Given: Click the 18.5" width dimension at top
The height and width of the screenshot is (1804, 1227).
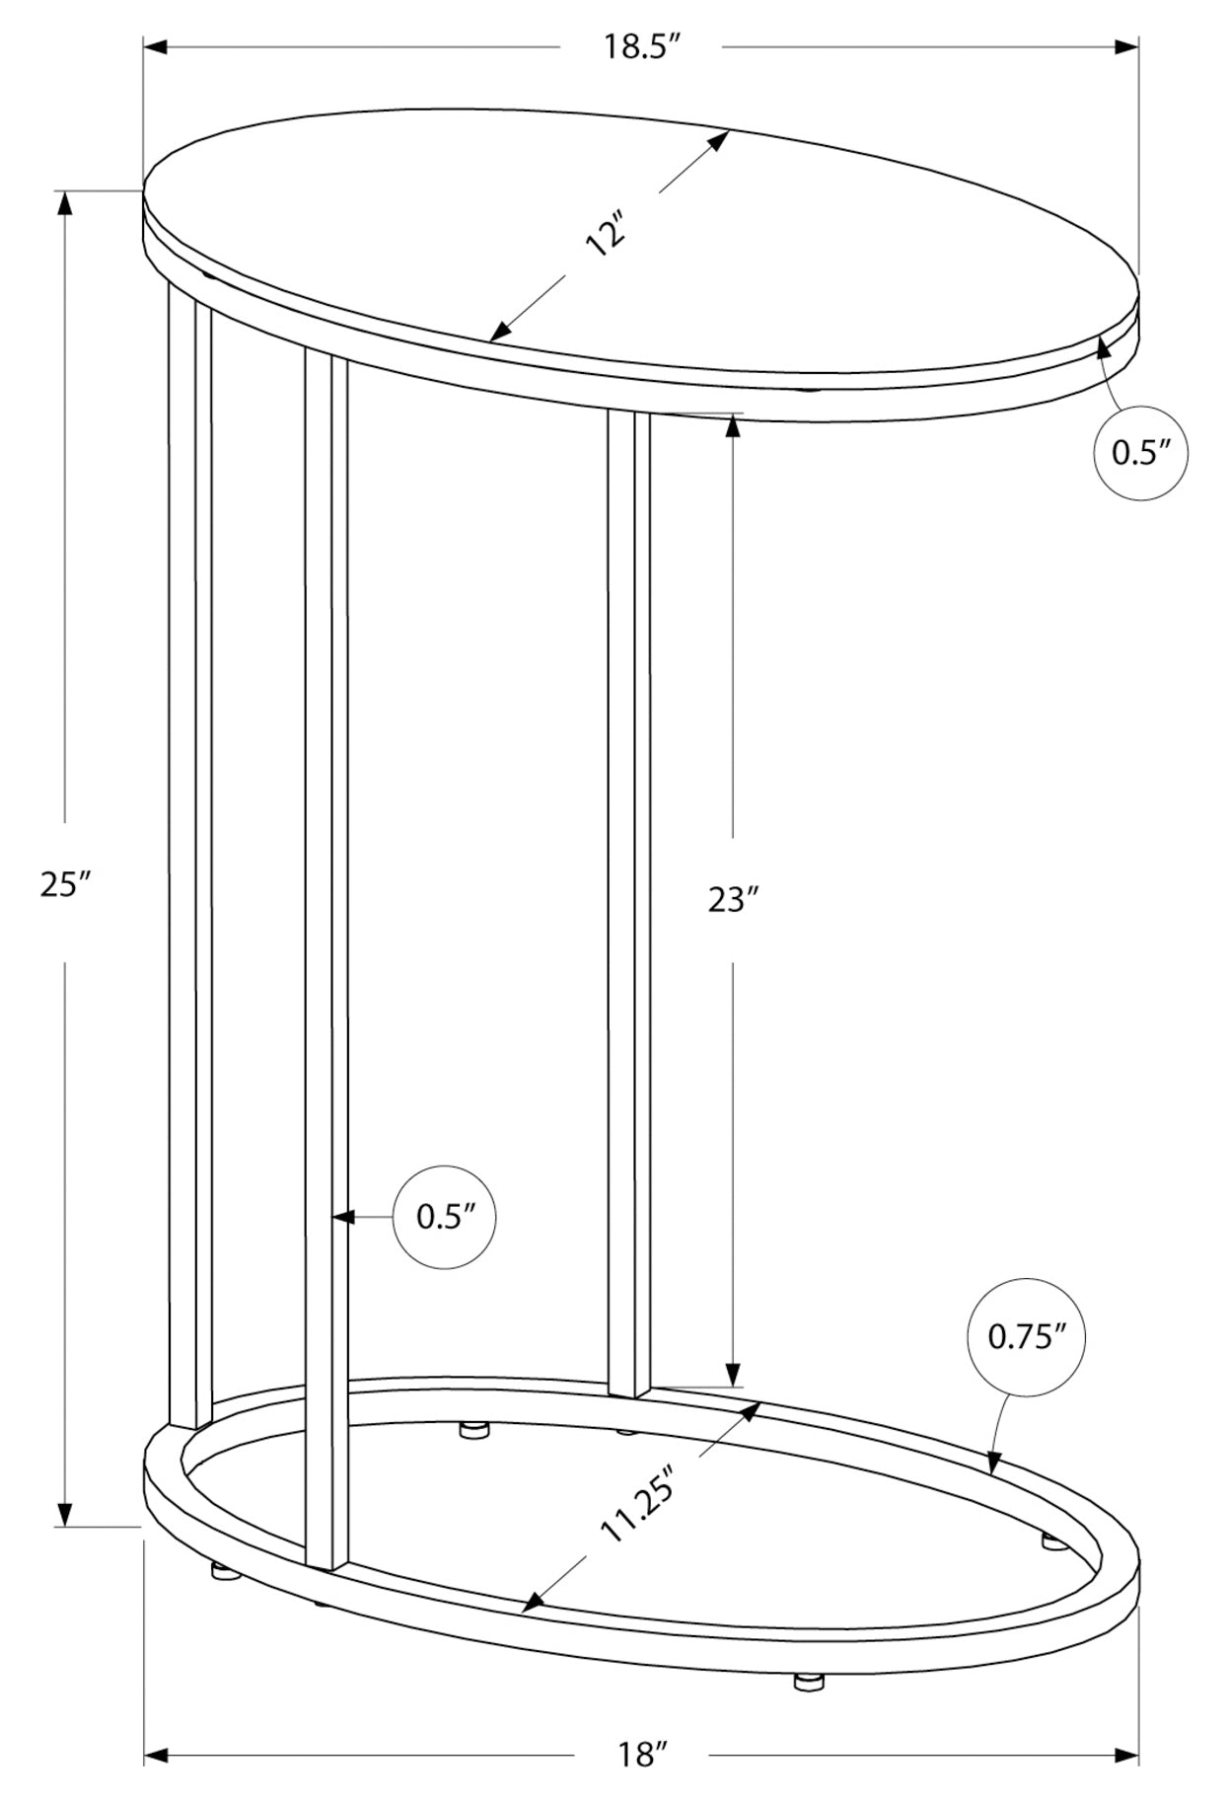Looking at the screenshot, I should [644, 47].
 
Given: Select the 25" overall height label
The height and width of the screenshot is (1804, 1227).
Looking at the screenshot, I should [65, 883].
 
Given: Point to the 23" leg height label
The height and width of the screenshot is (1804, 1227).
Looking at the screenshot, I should [733, 899].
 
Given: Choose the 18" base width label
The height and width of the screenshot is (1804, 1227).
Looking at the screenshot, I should [642, 1755].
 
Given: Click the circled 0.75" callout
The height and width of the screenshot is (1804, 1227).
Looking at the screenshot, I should [1027, 1337].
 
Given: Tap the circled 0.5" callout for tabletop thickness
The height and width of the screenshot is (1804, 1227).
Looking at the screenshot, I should [1141, 452].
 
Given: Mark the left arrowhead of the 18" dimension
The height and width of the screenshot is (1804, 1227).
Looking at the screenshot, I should [158, 1756].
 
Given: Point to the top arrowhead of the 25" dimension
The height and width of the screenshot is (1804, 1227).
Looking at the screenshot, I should [65, 203].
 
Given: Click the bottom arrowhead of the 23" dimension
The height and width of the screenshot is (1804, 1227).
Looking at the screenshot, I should [733, 1373].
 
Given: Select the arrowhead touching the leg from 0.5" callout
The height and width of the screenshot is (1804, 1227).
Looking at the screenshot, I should [341, 1218].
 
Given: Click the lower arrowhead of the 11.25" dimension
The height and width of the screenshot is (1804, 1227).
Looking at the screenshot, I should [534, 1603].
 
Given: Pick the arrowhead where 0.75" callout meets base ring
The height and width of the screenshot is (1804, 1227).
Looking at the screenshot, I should [993, 1463].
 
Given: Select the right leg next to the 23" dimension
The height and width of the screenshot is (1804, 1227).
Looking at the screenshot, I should [628, 898].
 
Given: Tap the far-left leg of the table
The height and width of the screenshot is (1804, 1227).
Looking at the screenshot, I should [190, 849].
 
